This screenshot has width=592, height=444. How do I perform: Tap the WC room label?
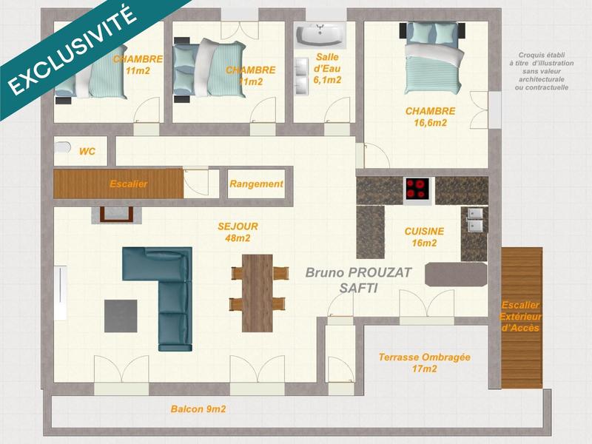coord(87,151)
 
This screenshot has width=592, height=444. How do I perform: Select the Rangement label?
coord(256,184)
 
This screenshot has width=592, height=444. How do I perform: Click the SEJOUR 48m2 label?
coord(238,232)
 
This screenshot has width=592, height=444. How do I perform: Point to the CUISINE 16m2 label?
coord(424,237)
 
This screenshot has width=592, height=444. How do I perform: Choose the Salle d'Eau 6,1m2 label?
coord(328,69)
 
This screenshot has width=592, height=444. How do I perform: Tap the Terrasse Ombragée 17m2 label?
coord(424,363)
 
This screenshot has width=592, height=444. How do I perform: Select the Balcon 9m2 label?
coord(198,408)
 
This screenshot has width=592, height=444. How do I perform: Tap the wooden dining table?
coord(258,291)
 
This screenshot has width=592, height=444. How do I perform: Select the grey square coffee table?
coord(121,314)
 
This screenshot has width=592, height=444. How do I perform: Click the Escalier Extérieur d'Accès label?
coord(521,316)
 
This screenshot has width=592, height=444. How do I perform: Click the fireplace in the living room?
coord(115,214)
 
